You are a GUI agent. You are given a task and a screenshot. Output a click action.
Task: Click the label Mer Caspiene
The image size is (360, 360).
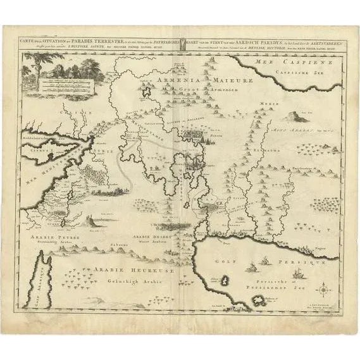click(x=281, y=63)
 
